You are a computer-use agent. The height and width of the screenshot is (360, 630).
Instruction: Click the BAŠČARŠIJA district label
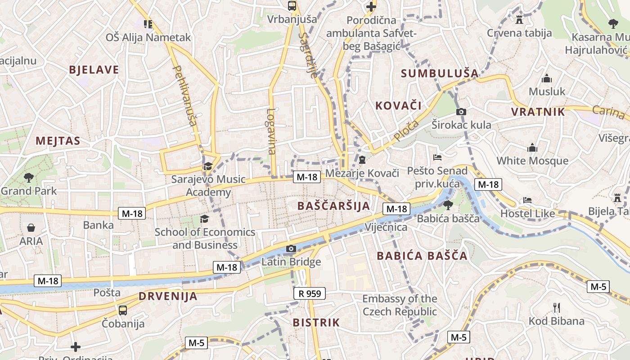click(333, 206)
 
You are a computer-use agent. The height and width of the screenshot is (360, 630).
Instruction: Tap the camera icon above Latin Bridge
click(291, 248)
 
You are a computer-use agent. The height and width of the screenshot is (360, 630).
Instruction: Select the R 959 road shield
click(310, 294)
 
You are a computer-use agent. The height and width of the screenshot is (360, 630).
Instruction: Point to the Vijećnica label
click(386, 227)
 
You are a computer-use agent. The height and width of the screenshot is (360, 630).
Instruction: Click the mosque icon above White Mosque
click(532, 148)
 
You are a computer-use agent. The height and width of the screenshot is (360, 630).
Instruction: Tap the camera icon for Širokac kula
click(461, 112)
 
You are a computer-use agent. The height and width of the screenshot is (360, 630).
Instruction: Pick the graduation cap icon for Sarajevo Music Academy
click(207, 166)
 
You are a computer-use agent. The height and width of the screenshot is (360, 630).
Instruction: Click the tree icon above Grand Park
click(29, 177)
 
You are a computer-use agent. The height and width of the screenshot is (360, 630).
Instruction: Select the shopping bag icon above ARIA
click(31, 228)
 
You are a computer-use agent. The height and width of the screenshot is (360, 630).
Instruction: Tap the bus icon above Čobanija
click(122, 310)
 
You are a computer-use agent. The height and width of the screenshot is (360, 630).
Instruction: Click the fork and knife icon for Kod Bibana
click(557, 308)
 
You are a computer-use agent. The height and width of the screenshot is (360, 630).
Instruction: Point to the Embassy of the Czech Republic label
click(400, 305)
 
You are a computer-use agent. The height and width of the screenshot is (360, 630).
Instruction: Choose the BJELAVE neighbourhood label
click(94, 70)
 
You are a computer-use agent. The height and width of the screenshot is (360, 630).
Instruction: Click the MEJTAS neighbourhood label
click(58, 141)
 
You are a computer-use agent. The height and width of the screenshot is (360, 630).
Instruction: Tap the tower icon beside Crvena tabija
click(519, 19)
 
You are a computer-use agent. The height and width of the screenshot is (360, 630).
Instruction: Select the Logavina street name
click(271, 131)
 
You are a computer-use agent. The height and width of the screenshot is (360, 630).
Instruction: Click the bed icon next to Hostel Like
click(527, 200)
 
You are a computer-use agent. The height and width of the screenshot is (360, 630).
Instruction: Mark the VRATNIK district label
click(538, 112)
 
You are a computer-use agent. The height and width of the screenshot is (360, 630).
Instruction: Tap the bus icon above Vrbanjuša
click(292, 6)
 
